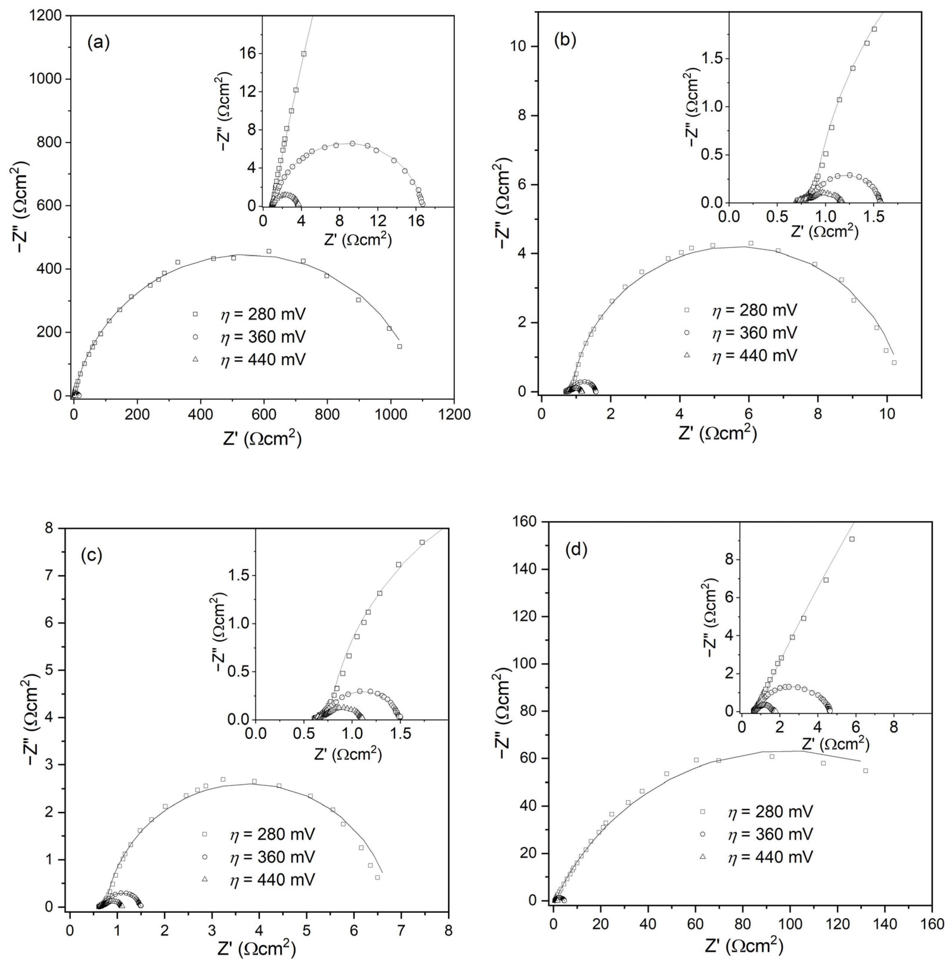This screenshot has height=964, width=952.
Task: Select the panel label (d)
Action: (x=576, y=549)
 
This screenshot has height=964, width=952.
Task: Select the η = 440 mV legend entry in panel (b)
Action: (x=754, y=355)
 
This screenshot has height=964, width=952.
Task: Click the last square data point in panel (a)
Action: (x=400, y=346)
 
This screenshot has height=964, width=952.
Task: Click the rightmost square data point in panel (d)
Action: (x=865, y=771)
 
